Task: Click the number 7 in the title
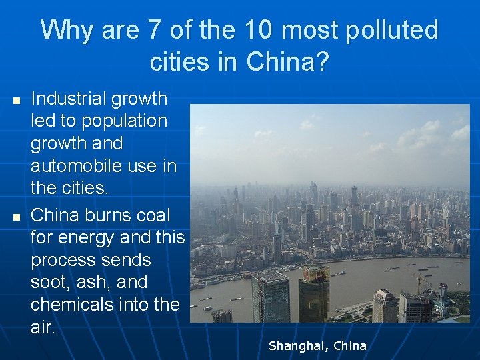point(154,30)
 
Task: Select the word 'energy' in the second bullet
point(97,237)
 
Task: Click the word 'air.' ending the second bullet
point(42,327)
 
